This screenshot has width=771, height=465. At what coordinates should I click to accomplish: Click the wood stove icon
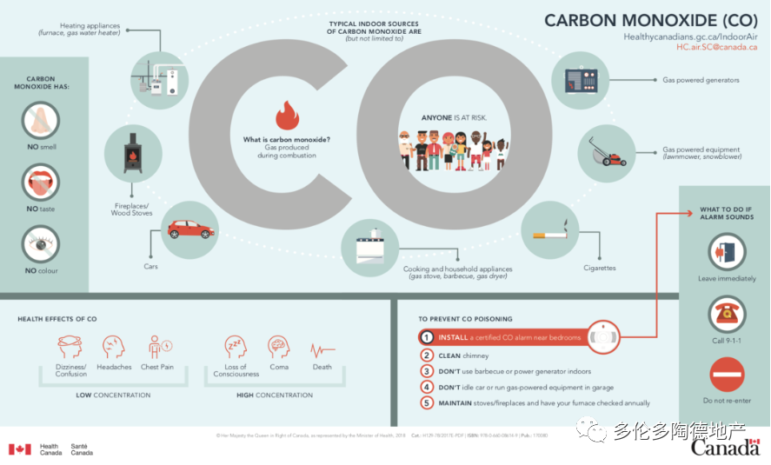tap(132, 152)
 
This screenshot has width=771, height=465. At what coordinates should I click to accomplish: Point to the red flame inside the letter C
tap(287, 115)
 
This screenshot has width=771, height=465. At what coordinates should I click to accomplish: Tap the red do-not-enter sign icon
tap(727, 375)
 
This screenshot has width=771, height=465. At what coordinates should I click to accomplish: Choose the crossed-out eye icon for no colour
tap(41, 244)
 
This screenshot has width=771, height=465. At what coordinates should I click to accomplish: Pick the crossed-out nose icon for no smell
tap(41, 121)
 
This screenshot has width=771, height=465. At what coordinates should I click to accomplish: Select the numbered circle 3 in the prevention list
tap(427, 371)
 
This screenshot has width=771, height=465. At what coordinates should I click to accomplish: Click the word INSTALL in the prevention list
tap(453, 337)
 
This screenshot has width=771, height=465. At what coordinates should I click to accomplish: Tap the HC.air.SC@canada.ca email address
tap(717, 47)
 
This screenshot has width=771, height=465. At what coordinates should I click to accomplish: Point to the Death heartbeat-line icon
tap(322, 350)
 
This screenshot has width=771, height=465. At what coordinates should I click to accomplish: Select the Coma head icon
tap(278, 347)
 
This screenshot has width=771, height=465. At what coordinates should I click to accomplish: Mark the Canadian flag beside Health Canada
tap(20, 449)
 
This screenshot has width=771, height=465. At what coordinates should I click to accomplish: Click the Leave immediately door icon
tap(727, 252)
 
